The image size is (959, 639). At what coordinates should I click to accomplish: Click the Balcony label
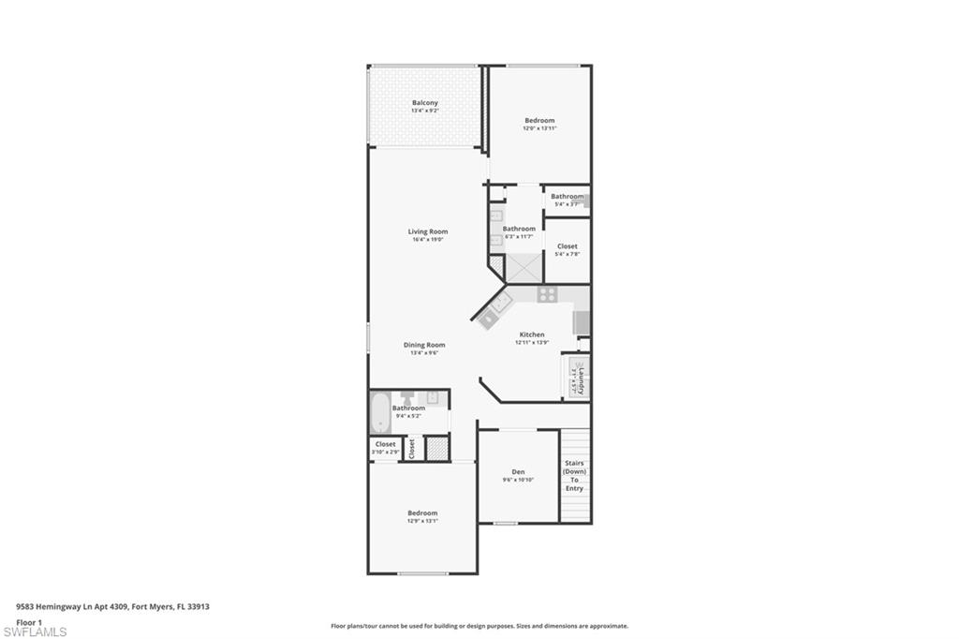[424, 103]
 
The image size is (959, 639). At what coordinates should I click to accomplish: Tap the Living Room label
[427, 231]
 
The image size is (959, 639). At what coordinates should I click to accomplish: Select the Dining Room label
[423, 345]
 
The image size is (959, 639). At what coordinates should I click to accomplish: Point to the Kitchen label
[532, 334]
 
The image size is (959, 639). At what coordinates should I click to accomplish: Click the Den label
[518, 471]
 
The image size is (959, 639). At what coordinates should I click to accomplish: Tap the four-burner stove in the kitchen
[548, 295]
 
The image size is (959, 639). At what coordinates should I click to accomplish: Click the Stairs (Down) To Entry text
[574, 475]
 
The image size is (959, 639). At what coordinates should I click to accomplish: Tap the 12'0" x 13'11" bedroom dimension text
[539, 128]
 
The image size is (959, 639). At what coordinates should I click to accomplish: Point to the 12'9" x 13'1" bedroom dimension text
[422, 521]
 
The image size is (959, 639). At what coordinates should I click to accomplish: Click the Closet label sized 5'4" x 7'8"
[567, 246]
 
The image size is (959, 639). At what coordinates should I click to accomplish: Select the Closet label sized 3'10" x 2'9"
[385, 444]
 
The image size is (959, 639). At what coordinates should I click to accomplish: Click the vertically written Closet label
[411, 448]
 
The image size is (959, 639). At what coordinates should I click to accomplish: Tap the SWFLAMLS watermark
[36, 632]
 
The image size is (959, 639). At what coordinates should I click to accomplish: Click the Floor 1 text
[30, 622]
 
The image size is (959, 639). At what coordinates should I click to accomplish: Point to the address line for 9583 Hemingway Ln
[112, 606]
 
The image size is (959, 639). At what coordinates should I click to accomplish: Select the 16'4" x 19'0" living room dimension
[427, 240]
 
